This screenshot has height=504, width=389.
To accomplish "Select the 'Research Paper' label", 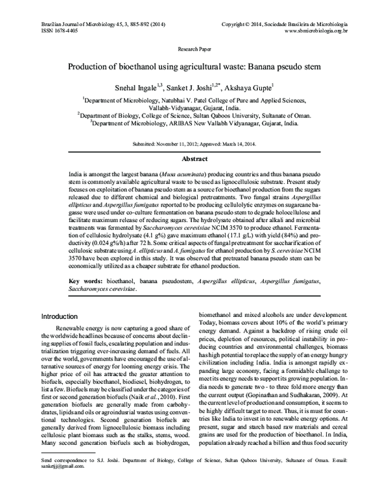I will (x=194, y=49).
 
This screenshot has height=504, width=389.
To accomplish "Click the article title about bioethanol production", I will (x=194, y=66).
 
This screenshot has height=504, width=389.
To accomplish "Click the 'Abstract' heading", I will (x=194, y=158).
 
